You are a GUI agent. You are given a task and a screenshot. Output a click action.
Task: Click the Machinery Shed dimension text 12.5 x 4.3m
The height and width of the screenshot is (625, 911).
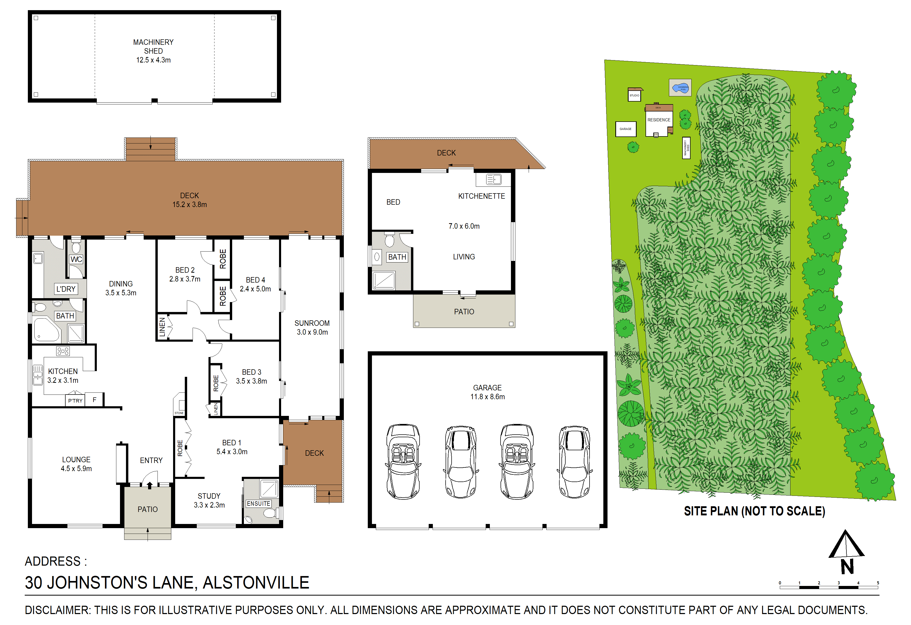[153, 60]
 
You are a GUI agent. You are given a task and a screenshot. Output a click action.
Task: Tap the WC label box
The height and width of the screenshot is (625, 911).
[76, 259]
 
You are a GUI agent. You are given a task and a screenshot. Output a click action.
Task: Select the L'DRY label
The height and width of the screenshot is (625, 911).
[66, 289]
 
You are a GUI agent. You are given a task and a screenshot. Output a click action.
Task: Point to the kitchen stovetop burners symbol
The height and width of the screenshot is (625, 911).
[63, 351]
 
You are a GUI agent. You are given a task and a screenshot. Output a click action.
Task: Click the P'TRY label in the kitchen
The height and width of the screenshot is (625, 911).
[75, 400]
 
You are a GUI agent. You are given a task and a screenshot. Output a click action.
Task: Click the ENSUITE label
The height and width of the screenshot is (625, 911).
[258, 503]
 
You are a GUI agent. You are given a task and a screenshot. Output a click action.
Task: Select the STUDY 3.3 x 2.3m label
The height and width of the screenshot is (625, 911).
[209, 500]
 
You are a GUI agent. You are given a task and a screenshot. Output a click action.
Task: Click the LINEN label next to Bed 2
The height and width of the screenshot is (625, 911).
[162, 327]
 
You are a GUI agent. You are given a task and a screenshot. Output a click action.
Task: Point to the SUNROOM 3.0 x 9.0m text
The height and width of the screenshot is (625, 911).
[312, 327]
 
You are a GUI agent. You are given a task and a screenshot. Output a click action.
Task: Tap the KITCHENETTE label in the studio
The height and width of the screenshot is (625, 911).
[481, 196]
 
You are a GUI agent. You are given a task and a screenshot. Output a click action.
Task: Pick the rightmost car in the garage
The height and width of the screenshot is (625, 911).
[574, 461]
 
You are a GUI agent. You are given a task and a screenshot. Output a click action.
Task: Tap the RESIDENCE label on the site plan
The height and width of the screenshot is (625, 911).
[659, 120]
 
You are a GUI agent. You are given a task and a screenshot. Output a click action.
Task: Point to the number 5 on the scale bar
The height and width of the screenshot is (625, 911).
[878, 583]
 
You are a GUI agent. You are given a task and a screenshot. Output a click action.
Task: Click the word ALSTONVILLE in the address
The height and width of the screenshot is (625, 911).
[256, 583]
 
